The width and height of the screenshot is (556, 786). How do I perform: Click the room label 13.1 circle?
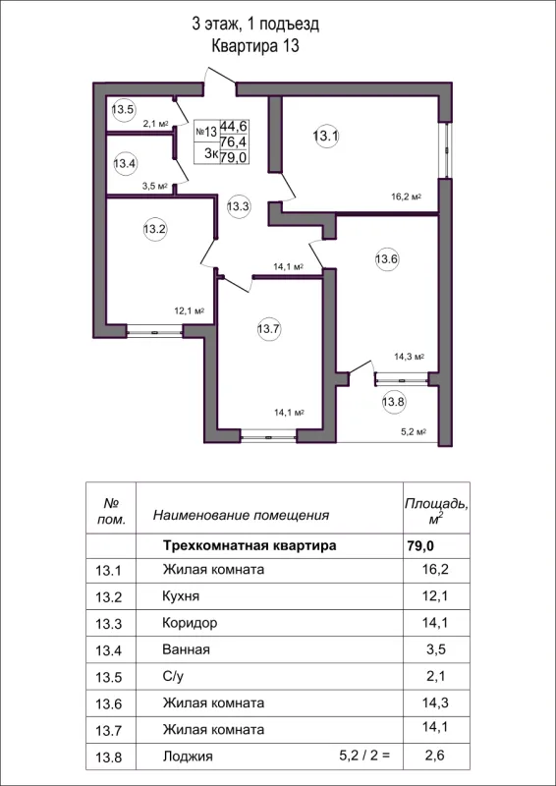326,137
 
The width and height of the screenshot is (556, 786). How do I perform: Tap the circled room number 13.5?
123,109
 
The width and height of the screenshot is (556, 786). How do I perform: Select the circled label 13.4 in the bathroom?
125,163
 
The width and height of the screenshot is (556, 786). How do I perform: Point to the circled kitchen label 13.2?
155,230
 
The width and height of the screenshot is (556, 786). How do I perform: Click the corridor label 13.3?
239,206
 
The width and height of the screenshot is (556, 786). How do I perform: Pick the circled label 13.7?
269,330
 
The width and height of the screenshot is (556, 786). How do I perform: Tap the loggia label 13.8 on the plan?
393,401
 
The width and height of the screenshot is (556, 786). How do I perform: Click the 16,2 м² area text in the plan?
406,196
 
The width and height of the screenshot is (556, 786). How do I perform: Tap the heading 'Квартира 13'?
254,45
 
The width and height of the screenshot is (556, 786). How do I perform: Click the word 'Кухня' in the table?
181,596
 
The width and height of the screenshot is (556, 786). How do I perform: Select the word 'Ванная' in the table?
186,649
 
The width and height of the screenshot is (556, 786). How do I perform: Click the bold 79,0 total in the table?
419,544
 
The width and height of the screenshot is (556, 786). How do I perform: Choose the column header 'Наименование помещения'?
241,514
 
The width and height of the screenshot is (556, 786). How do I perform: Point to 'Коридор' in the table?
189,623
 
